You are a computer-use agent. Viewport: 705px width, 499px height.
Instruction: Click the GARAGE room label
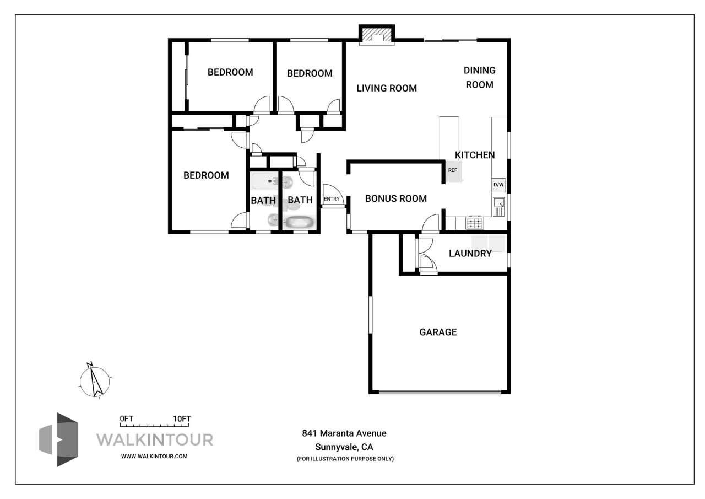(x=438, y=332)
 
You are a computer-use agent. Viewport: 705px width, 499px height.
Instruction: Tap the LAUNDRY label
(x=470, y=254)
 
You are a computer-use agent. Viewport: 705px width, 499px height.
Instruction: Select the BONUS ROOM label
(x=395, y=198)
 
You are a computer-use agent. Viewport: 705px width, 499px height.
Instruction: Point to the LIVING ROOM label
(x=386, y=88)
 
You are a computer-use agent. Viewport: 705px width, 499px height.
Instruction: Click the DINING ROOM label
(x=479, y=77)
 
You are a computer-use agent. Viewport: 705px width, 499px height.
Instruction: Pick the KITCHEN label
(x=475, y=155)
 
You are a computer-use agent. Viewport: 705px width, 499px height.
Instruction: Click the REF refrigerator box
(x=453, y=170)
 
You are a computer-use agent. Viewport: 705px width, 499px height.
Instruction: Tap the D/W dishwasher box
(x=498, y=185)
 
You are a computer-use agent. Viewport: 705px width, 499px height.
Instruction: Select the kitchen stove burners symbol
(x=475, y=223)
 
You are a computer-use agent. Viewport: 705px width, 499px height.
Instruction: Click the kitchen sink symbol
(x=498, y=207)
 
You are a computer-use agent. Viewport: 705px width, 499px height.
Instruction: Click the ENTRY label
(x=332, y=199)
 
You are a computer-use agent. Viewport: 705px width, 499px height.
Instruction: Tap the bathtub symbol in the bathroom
(x=299, y=223)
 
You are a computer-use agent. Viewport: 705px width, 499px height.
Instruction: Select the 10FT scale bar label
(x=182, y=419)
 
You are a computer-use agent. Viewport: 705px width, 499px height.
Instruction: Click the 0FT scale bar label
(x=127, y=419)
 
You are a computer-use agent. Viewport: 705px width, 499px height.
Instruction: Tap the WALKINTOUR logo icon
(x=59, y=439)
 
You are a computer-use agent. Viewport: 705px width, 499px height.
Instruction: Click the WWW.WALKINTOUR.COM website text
(x=154, y=457)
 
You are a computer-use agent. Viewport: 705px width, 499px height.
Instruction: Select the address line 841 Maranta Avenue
(x=344, y=433)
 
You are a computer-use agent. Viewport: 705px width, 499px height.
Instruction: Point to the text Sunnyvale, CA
(x=344, y=447)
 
